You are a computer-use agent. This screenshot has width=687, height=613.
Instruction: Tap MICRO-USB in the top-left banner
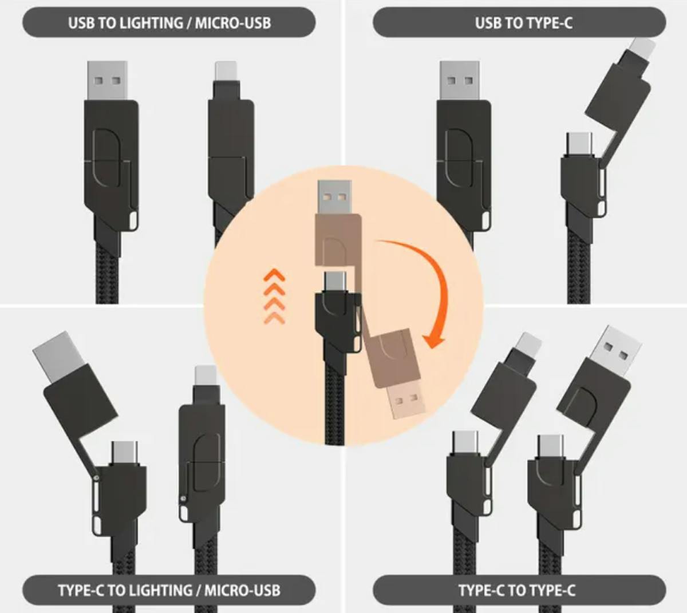point(233,23)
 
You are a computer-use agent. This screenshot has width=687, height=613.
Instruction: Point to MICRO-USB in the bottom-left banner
point(242,590)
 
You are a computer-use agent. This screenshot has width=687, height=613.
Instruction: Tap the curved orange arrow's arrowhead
point(434,340)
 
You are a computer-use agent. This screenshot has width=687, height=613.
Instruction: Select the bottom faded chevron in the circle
point(274,319)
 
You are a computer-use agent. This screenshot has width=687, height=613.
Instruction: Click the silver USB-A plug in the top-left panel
point(108,80)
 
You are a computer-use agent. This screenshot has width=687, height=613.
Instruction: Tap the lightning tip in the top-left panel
point(226,71)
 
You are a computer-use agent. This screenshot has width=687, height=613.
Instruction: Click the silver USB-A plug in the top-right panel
point(460,80)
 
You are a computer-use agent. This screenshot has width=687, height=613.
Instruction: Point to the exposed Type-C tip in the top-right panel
point(580,144)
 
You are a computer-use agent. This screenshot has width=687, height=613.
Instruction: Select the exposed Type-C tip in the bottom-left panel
point(125,454)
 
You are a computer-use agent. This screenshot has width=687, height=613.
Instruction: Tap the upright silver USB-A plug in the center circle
point(335,197)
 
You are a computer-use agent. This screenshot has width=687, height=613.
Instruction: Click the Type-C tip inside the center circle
point(335,282)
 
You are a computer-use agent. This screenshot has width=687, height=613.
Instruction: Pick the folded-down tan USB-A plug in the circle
point(407,403)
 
